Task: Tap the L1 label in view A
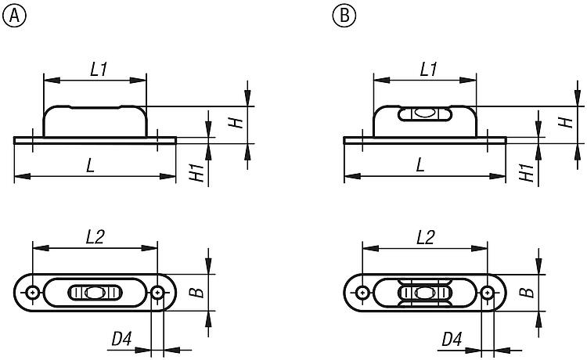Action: pyautogui.click(x=99, y=69)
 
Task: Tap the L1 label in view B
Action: pyautogui.click(x=428, y=69)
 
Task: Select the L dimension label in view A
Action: pyautogui.click(x=92, y=165)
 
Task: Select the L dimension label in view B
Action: pyautogui.click(x=421, y=165)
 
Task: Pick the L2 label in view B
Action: pyautogui.click(x=426, y=237)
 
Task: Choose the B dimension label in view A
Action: pyautogui.click(x=199, y=293)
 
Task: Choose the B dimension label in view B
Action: pyautogui.click(x=529, y=293)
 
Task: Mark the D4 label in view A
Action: pyautogui.click(x=121, y=340)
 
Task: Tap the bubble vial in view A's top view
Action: pyautogui.click(x=95, y=293)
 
